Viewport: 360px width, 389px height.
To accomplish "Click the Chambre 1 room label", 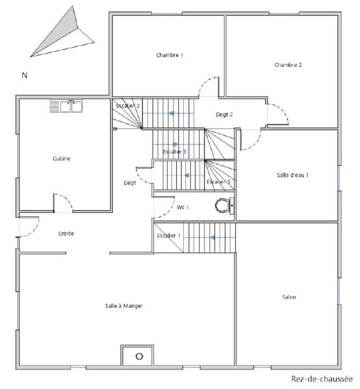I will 169,55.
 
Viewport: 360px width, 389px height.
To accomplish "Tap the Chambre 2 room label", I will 288,65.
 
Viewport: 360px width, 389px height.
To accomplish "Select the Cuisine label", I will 61,159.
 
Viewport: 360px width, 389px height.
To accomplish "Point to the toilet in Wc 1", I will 223,206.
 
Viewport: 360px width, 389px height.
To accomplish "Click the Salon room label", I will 288,297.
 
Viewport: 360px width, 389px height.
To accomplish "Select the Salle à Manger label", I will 124,306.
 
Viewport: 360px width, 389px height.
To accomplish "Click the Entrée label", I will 66,234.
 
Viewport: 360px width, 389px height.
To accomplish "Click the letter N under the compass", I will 24,75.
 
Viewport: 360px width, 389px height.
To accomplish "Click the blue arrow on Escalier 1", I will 212,238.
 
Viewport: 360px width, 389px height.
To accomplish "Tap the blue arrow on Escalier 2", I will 172,113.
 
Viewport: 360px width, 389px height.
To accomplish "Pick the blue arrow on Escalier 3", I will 175,144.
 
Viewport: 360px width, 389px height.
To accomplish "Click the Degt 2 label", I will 224,115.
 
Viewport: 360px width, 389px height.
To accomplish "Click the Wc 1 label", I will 182,208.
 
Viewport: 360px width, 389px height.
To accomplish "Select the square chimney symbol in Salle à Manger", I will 139,355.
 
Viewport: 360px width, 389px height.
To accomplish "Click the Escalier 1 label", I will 168,236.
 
